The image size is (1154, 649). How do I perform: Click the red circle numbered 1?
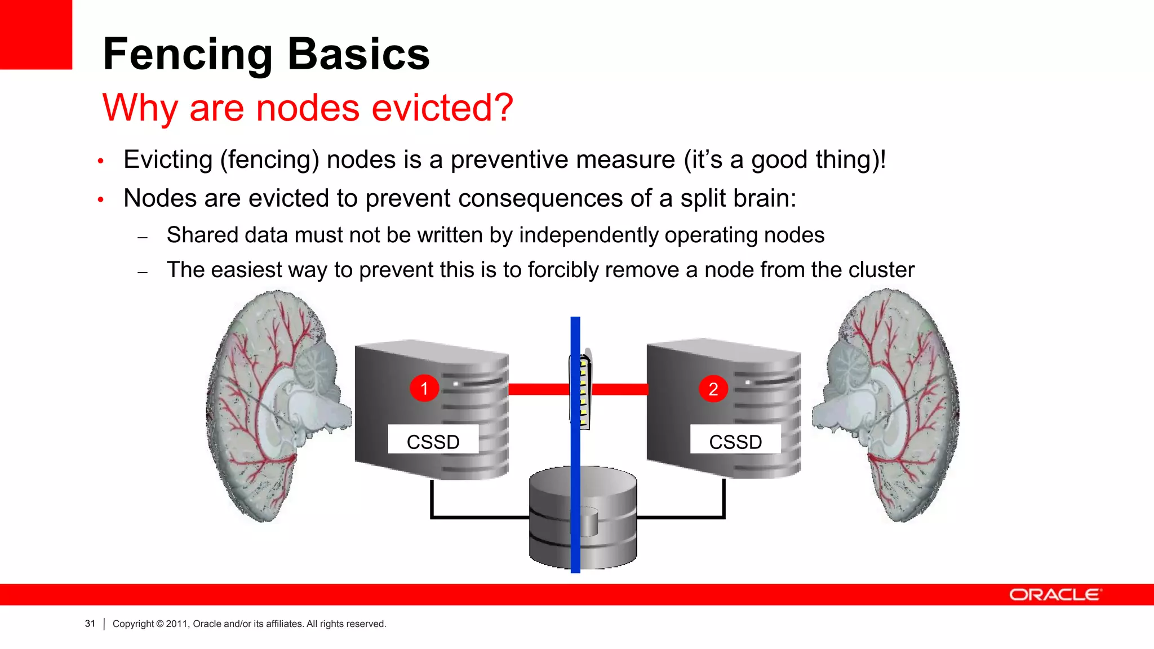coord(424,388)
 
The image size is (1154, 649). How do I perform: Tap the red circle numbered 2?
coord(713,389)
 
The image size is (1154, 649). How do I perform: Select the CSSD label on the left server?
coord(433,441)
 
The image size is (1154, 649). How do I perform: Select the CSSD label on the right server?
coord(735,441)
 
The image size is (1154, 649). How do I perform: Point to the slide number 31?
coord(90,624)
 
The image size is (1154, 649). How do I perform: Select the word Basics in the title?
coord(359,54)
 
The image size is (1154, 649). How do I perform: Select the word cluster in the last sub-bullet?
coord(881,270)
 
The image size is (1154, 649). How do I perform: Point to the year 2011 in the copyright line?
coord(176,624)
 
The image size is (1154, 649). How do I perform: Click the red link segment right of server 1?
coord(539,389)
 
